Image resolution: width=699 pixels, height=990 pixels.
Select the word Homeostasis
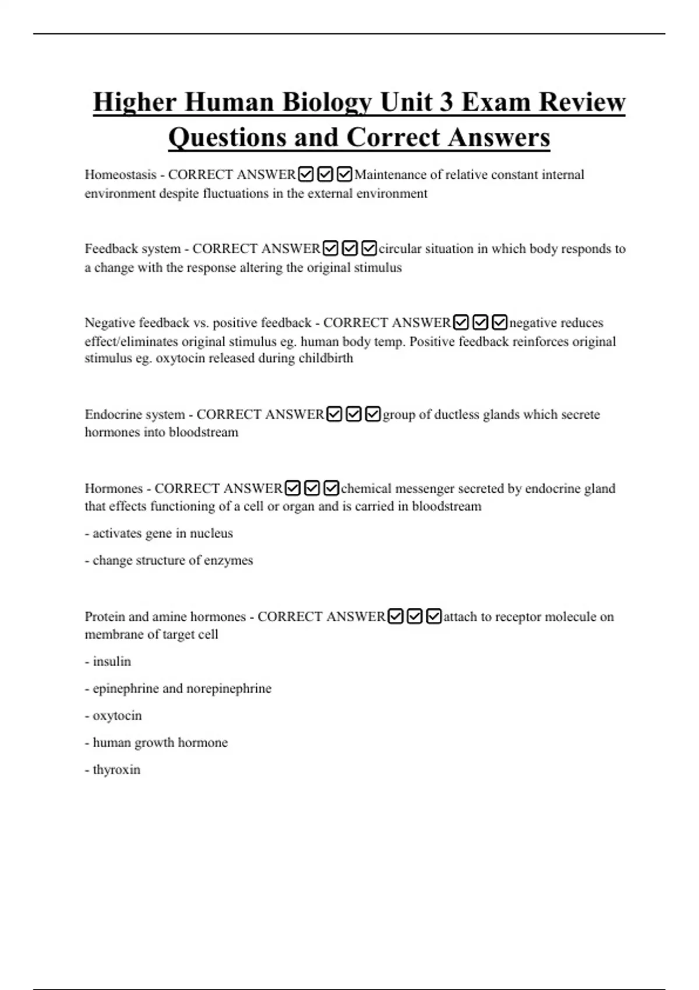(x=121, y=175)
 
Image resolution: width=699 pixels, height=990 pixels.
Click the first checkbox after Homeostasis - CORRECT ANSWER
(x=306, y=174)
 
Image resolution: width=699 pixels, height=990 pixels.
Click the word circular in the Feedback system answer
(x=400, y=249)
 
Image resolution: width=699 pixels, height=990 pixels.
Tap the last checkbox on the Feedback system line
(x=369, y=249)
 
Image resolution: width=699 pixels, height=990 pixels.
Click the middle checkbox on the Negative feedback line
(x=480, y=322)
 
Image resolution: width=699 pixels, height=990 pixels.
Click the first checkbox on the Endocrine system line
(x=334, y=414)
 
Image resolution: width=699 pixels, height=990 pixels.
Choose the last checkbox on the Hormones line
(x=331, y=488)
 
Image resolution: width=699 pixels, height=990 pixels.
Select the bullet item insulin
(x=112, y=662)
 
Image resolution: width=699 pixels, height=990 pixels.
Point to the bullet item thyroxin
(x=116, y=770)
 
